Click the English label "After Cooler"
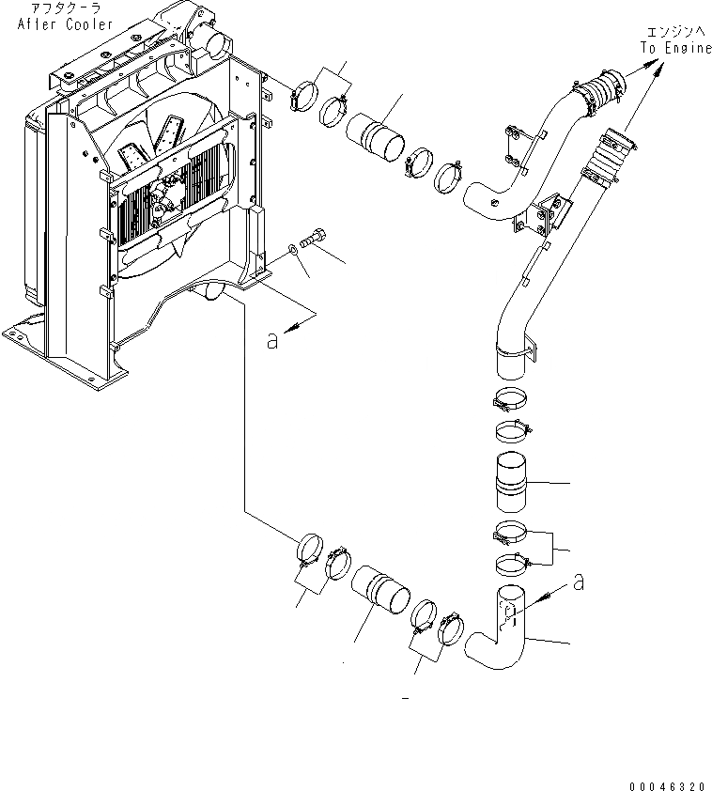coord(65,23)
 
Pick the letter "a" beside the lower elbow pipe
coord(579,582)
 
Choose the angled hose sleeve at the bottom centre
coord(381,597)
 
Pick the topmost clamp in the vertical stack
coord(513,397)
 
